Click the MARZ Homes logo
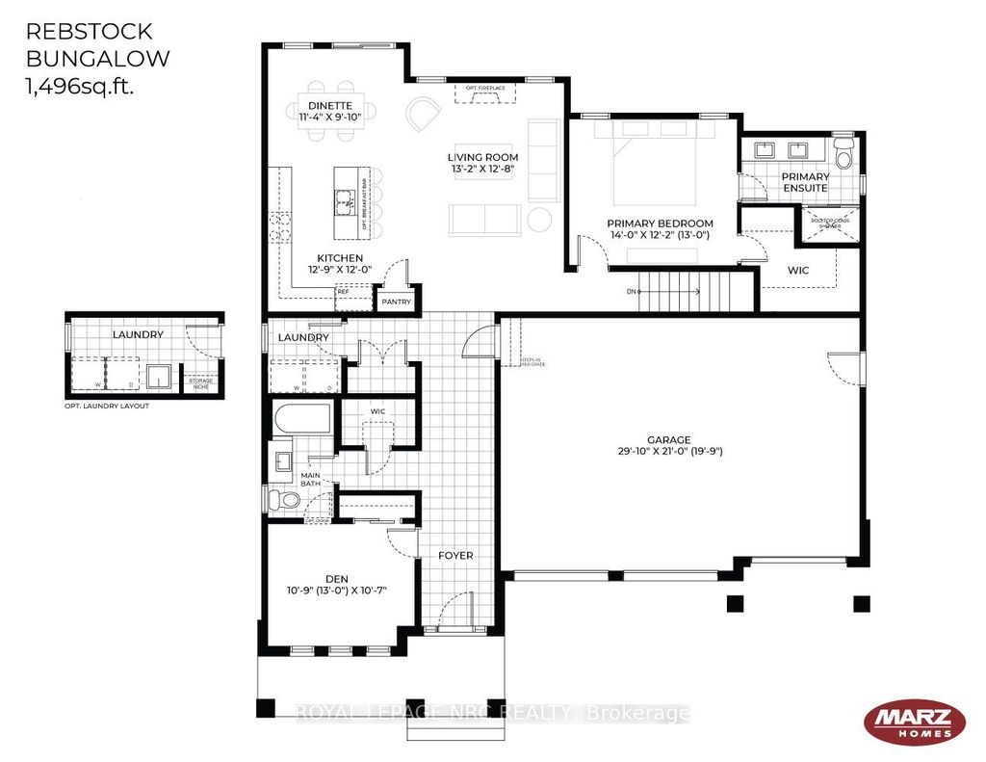(x=914, y=722)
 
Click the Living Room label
(x=482, y=163)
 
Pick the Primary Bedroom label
(x=660, y=228)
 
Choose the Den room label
(x=336, y=584)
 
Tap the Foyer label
(x=455, y=556)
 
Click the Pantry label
(x=396, y=302)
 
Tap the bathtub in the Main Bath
(x=302, y=419)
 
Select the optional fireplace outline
(x=484, y=92)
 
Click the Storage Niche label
(x=200, y=382)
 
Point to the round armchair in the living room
(x=420, y=116)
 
